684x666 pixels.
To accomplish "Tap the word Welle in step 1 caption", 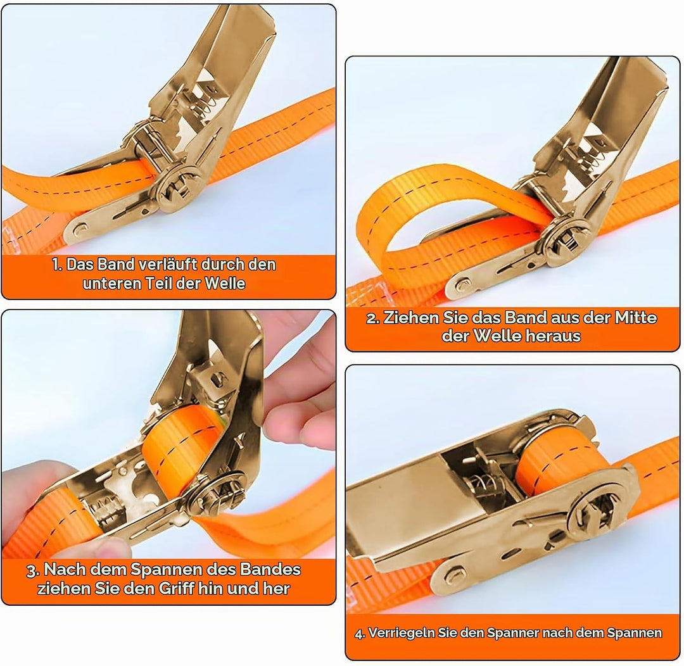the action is pyautogui.click(x=225, y=284).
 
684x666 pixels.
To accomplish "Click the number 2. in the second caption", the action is pyautogui.click(x=373, y=318).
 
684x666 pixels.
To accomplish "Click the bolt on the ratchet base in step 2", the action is pyautogui.click(x=463, y=287).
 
